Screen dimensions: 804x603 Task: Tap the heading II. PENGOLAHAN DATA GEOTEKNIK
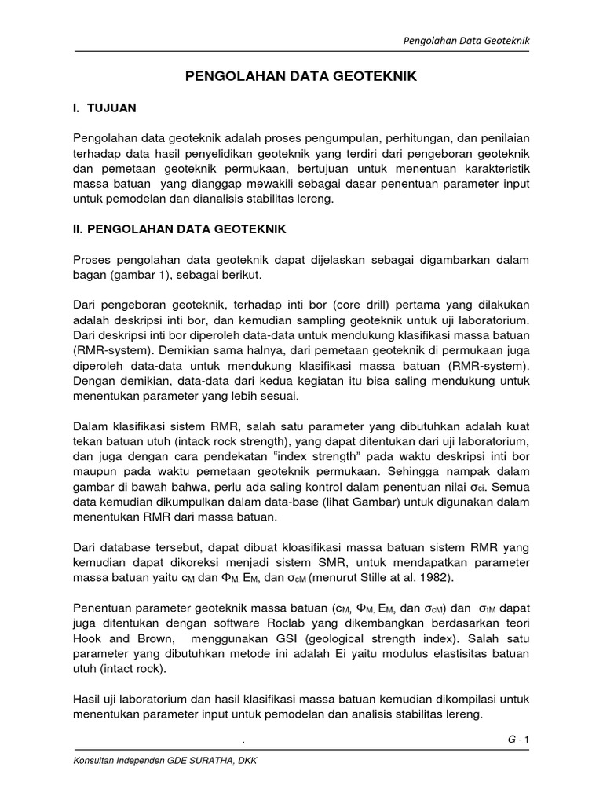click(x=180, y=229)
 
